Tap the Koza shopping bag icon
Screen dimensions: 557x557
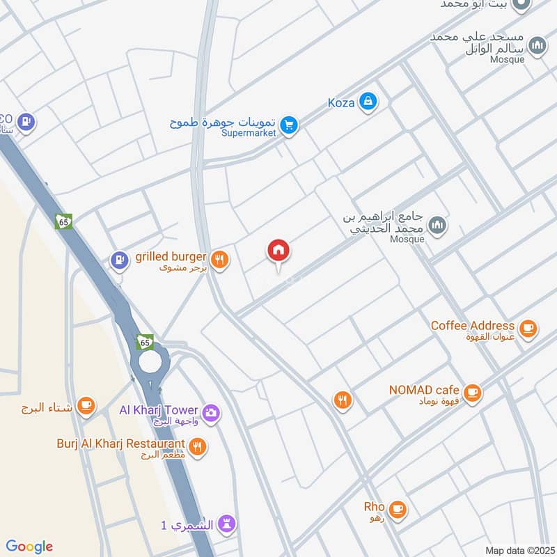(x=368, y=102)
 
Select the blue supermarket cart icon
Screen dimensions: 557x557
(x=290, y=126)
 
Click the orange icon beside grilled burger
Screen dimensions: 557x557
(x=220, y=260)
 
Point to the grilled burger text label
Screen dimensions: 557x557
(x=171, y=257)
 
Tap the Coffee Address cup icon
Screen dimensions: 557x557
(x=528, y=327)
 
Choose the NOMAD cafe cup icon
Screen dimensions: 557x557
(x=472, y=393)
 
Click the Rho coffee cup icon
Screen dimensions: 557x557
(x=397, y=509)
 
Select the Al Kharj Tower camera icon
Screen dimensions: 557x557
(x=211, y=413)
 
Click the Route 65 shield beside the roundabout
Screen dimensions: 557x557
(x=145, y=343)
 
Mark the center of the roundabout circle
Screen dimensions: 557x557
(x=150, y=361)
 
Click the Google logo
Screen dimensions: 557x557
(x=29, y=547)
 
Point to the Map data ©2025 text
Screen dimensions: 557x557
(x=519, y=550)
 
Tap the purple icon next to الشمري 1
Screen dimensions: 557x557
(x=227, y=524)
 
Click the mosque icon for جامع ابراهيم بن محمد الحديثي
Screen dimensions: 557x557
(x=437, y=225)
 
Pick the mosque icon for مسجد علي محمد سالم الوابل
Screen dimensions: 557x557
(x=537, y=46)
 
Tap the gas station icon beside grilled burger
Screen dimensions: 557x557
(x=120, y=261)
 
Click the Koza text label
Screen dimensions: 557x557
(x=341, y=103)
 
